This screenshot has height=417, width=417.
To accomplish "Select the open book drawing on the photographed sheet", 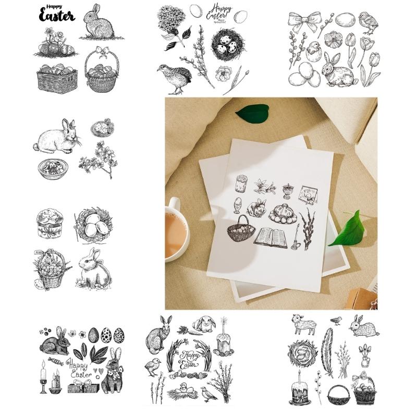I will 271,238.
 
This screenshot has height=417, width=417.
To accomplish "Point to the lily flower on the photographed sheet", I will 261,186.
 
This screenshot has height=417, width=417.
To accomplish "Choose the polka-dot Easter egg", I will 106,335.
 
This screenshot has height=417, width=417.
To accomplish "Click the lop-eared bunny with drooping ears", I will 204,324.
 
